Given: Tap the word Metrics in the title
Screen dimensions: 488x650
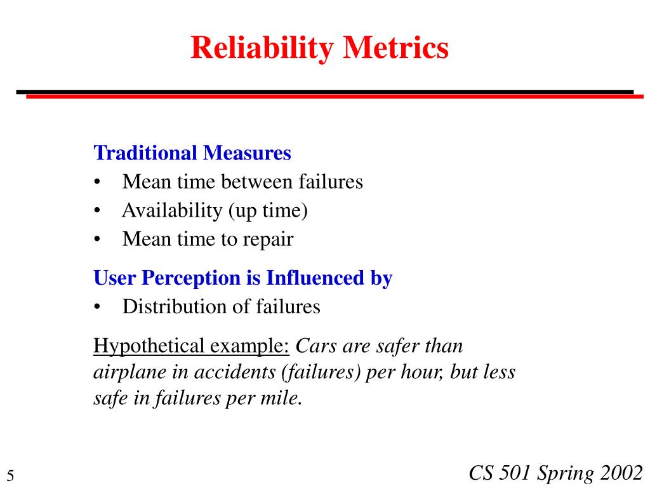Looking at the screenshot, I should [x=396, y=48].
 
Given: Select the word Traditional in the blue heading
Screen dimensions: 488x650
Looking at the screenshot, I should [x=145, y=153].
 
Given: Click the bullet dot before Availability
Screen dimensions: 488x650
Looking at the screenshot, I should [x=97, y=211].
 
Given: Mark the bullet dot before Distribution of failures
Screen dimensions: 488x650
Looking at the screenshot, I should [x=97, y=307].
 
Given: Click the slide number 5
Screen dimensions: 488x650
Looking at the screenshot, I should [x=11, y=475].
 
